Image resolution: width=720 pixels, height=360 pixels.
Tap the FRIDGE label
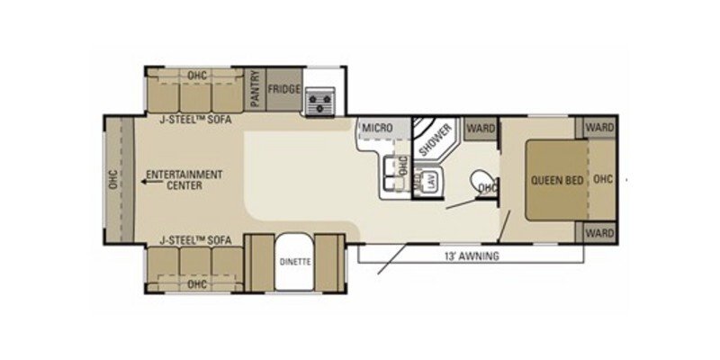point(283,90)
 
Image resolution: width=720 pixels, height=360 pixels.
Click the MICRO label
point(376,129)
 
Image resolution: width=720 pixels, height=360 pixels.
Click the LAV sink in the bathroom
point(431,178)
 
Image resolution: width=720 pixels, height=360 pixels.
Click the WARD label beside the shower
point(482,129)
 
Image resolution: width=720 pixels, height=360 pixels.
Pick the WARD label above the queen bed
point(599,128)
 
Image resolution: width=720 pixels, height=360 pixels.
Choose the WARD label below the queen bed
point(599,232)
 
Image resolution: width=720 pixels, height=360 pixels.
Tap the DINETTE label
point(295,263)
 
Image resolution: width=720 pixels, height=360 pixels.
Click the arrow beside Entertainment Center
point(144,180)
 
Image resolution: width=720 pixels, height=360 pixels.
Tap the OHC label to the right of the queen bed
point(603,179)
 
